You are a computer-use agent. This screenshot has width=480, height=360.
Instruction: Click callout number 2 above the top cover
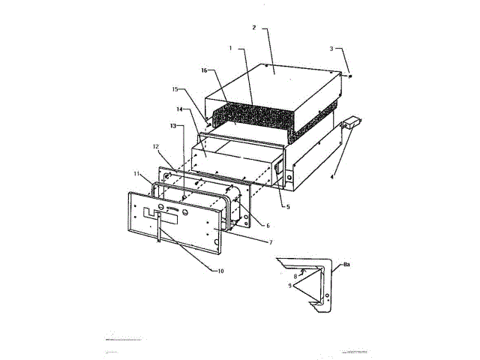[254, 28]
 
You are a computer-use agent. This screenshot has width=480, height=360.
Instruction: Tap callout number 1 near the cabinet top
[231, 48]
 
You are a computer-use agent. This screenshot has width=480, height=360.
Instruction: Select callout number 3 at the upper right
[331, 48]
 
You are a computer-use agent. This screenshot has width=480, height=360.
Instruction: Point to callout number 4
[332, 178]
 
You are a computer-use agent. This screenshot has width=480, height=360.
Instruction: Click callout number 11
[137, 173]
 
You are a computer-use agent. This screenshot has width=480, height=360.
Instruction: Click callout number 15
[174, 88]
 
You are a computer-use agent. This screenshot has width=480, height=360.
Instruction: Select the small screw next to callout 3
[350, 75]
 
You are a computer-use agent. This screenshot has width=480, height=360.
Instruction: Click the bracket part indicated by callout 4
[351, 123]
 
